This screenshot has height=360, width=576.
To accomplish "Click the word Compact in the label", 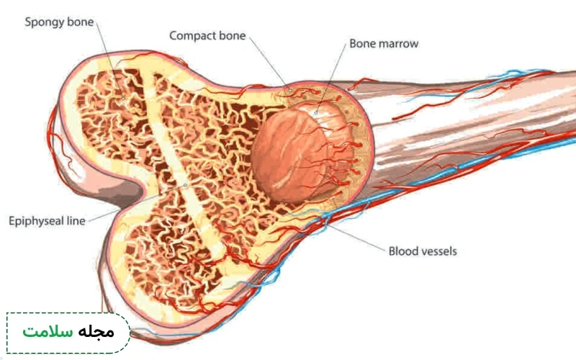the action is [x=193, y=35].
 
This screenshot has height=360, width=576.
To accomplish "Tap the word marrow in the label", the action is [x=399, y=44].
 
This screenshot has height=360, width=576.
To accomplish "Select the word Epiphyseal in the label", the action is [x=35, y=221].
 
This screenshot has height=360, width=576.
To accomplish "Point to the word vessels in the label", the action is [x=439, y=251].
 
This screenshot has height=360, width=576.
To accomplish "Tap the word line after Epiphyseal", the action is [x=76, y=221].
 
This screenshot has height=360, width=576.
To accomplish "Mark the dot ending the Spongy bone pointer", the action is [x=123, y=98].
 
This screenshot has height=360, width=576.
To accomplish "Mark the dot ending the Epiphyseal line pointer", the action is [x=186, y=185].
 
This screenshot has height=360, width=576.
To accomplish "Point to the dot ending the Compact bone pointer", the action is [x=290, y=91].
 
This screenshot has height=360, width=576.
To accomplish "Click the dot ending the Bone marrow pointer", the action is [x=315, y=113].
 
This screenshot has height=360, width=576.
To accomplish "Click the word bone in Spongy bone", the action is [x=82, y=22].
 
